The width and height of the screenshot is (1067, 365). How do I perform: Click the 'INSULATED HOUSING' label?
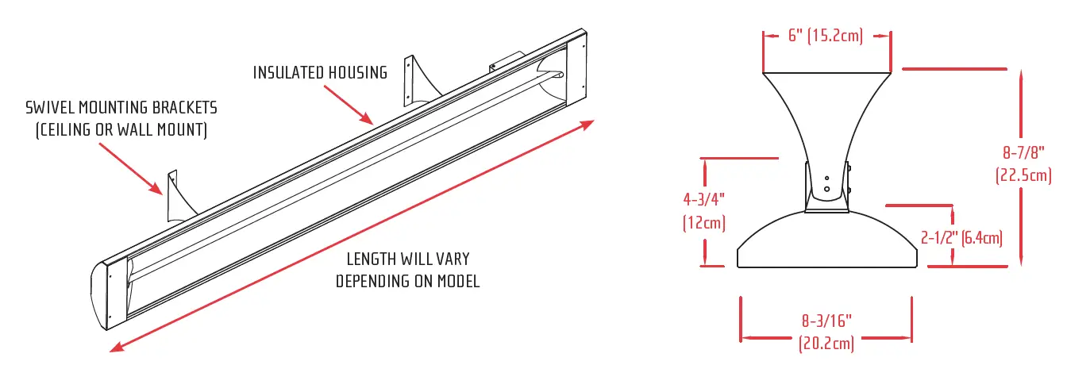[x=320, y=73]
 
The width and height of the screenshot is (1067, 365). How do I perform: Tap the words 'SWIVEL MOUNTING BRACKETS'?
[x=121, y=107]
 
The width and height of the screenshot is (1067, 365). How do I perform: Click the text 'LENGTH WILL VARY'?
[x=407, y=260]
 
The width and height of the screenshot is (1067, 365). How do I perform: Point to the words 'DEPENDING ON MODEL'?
[x=407, y=282]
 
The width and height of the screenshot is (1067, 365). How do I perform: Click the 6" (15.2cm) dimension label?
[x=826, y=36]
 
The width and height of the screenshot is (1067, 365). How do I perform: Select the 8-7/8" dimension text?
[x=1023, y=153]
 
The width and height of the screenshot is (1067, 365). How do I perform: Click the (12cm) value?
[x=703, y=223]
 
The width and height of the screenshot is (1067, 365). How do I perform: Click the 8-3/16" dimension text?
[x=826, y=324]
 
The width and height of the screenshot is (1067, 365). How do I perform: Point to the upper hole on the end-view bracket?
[x=826, y=179]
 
